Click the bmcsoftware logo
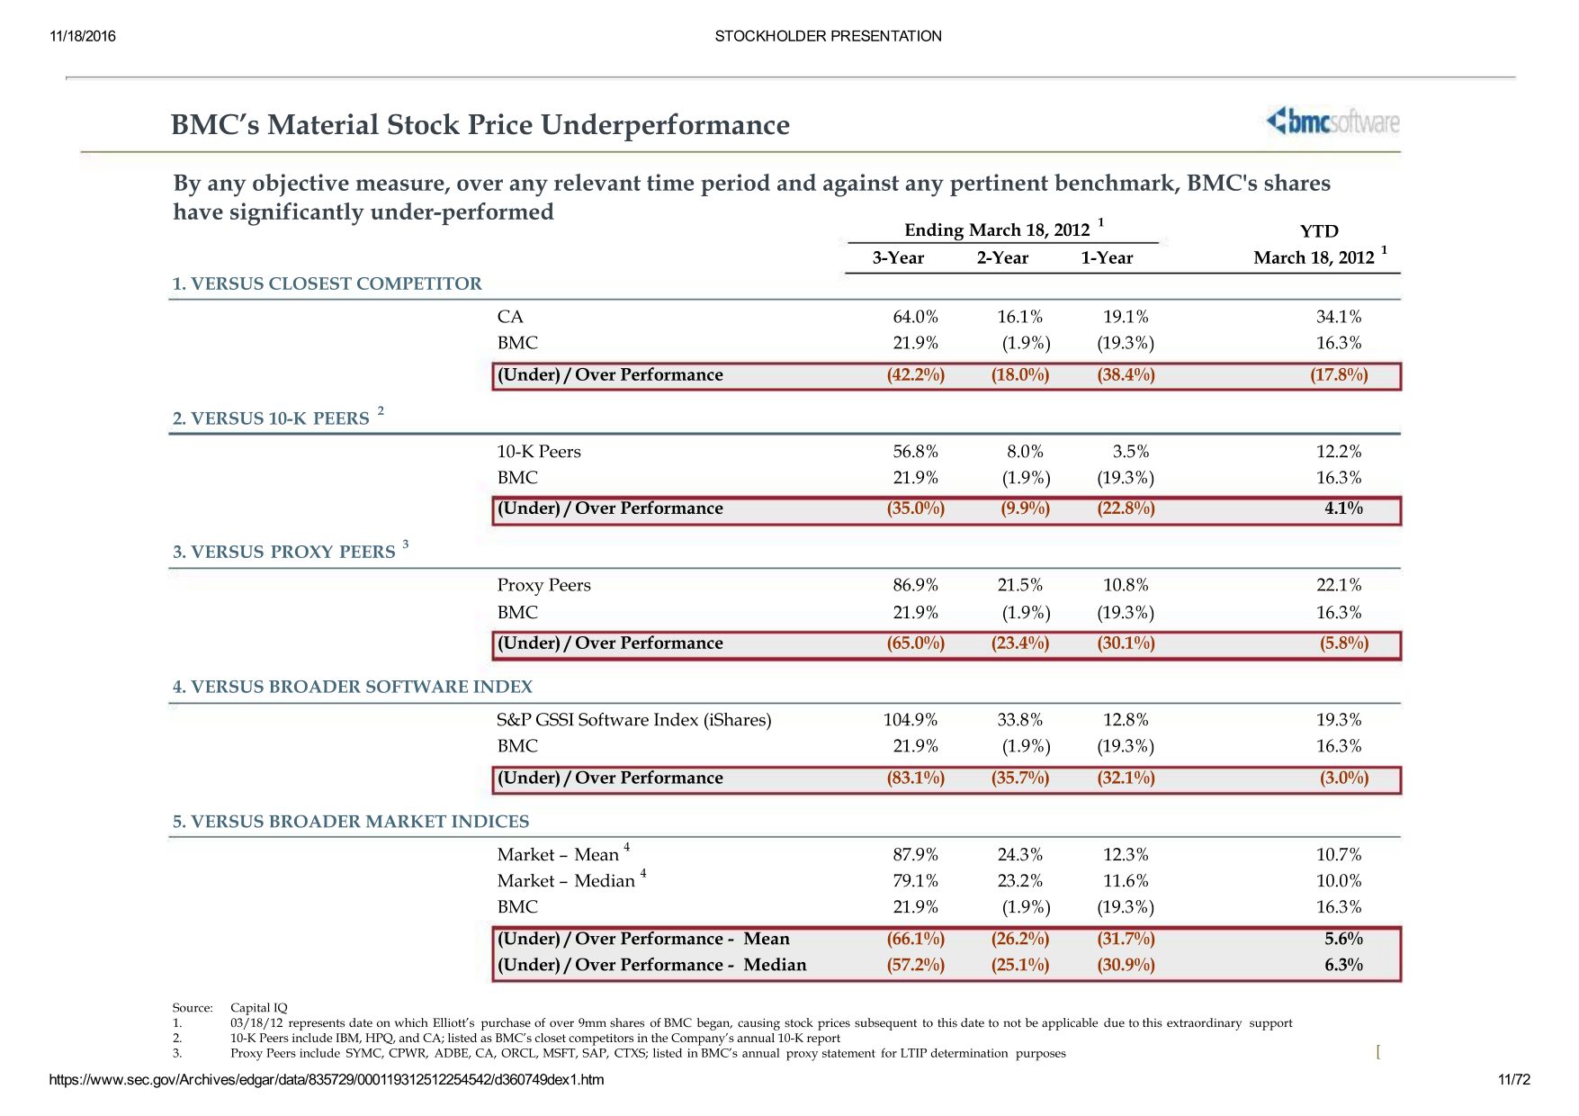coord(1332,121)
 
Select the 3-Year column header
coord(898,258)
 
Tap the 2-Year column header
coord(1002,258)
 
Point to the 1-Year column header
coord(1107,258)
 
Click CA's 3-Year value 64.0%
coord(915,317)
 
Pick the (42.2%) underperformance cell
coord(915,375)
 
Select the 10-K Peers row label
coord(539,452)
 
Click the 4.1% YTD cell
coord(1343,508)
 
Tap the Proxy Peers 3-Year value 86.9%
coord(915,585)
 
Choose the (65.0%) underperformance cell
coord(915,643)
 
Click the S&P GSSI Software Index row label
coord(633,720)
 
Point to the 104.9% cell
coord(910,720)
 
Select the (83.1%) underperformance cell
coord(915,778)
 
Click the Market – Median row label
coord(566,881)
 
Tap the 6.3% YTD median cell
coord(1343,965)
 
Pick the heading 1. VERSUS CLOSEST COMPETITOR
coord(327,284)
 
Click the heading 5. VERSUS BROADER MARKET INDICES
coord(351,822)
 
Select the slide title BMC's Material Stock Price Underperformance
coord(480,125)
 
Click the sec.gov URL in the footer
coord(327,1080)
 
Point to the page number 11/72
coord(1513,1080)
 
